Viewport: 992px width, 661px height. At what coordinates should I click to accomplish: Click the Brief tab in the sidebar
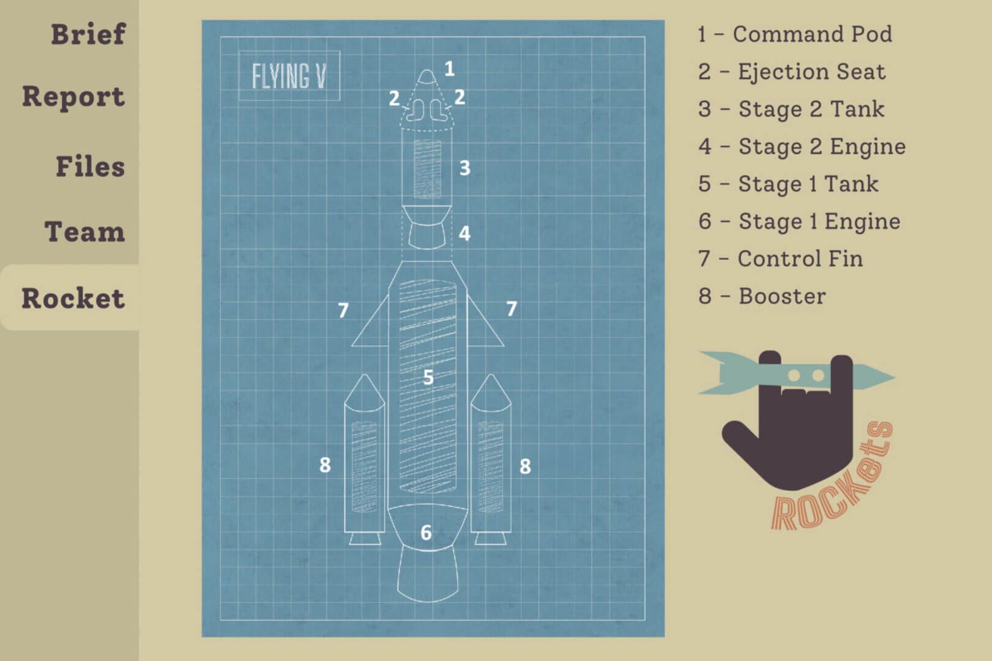[88, 34]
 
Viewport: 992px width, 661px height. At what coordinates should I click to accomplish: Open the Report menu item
[73, 97]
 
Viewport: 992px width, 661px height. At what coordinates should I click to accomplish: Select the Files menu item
[91, 166]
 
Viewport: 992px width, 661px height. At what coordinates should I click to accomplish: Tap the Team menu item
[84, 232]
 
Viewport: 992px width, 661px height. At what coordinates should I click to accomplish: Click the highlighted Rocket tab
[73, 297]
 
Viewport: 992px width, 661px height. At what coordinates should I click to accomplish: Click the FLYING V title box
[289, 76]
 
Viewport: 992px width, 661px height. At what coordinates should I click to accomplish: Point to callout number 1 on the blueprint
[450, 69]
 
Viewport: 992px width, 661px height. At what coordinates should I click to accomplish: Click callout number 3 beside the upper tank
[464, 168]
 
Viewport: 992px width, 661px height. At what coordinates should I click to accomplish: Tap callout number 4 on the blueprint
[464, 233]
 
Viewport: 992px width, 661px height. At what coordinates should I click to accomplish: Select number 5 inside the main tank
[428, 377]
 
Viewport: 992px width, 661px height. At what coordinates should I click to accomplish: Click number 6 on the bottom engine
[426, 532]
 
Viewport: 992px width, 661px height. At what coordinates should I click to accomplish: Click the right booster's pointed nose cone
[491, 392]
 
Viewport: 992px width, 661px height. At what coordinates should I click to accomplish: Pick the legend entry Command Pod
[795, 34]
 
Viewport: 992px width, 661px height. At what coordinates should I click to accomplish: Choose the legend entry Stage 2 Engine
[802, 147]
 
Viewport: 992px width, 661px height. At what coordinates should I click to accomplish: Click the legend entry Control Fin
[781, 259]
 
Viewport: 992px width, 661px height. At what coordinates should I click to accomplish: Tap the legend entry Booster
[762, 296]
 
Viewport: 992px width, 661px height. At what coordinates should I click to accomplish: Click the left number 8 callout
[325, 465]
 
